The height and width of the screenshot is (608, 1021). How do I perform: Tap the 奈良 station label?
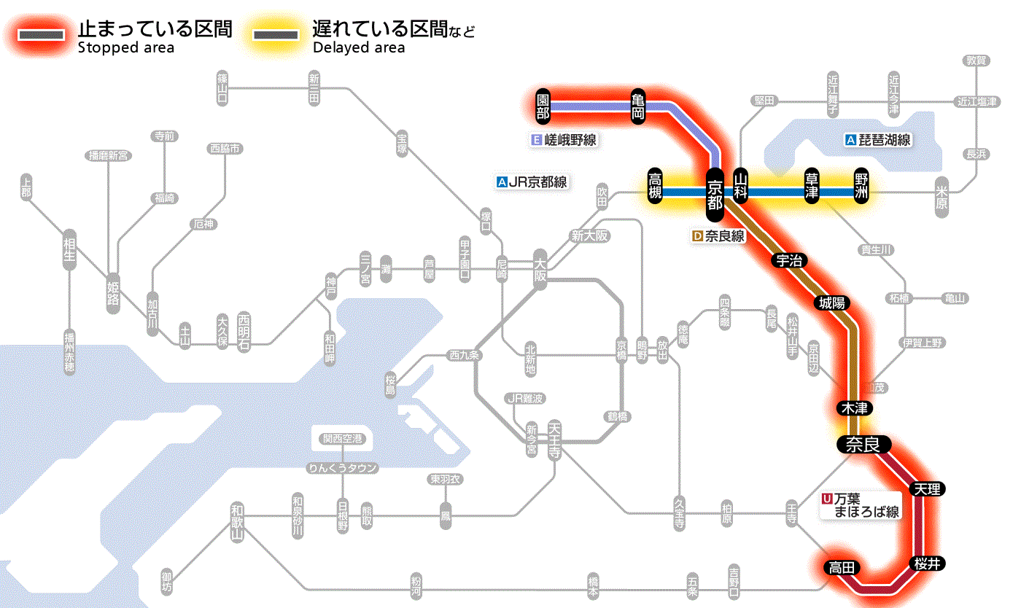click(863, 443)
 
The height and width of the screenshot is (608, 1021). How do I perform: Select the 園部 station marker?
click(543, 106)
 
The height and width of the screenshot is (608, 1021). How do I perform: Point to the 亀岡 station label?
click(639, 106)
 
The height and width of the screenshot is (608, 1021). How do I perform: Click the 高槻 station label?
click(655, 187)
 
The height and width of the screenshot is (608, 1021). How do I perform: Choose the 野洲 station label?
click(863, 187)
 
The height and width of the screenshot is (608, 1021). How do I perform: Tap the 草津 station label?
click(811, 187)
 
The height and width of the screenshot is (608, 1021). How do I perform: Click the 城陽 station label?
click(833, 303)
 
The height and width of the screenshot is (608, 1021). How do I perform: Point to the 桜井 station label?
click(927, 563)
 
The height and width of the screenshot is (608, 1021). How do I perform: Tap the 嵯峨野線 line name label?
click(566, 140)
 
